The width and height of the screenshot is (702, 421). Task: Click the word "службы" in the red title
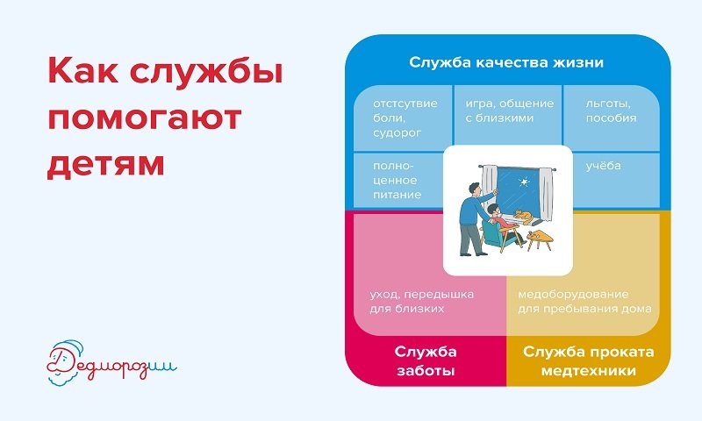(x=206, y=72)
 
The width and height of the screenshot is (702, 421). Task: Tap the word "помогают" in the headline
(x=145, y=118)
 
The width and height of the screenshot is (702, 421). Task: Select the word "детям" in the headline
(x=105, y=164)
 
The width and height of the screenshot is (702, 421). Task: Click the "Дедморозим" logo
(x=112, y=363)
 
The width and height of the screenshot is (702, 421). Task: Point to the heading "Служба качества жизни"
(x=506, y=62)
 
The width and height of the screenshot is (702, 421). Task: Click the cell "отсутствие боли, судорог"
(x=403, y=118)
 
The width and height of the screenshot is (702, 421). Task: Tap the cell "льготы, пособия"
(x=612, y=118)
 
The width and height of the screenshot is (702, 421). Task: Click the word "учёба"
(x=603, y=166)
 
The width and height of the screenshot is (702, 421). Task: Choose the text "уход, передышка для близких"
(x=422, y=302)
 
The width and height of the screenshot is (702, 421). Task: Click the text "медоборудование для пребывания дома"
(x=584, y=302)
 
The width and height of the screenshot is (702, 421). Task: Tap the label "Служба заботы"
(x=426, y=361)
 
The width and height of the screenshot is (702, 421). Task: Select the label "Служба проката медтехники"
(x=588, y=361)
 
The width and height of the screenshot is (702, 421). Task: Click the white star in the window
(x=522, y=182)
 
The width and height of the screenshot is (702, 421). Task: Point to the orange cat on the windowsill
(x=522, y=216)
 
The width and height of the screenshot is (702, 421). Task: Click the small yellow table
(x=539, y=239)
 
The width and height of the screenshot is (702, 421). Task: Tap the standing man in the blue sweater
(x=474, y=218)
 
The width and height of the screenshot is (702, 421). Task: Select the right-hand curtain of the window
(x=546, y=195)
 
